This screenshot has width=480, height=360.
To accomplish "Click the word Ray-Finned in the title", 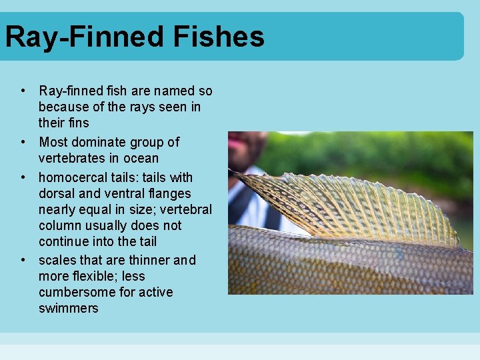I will click(x=85, y=37).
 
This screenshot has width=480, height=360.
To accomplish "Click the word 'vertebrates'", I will click(x=71, y=158).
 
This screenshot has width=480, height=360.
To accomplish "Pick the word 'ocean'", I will click(x=141, y=158).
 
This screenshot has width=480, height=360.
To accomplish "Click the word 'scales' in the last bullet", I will click(x=57, y=260).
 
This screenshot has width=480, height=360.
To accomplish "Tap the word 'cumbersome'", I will click(x=73, y=292).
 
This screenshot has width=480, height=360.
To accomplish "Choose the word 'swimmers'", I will click(x=68, y=308).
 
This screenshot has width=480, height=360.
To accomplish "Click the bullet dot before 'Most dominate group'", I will click(x=23, y=142).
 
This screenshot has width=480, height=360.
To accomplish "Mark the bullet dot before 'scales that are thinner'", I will click(x=23, y=260).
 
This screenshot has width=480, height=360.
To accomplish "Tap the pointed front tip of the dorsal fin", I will click(x=231, y=171).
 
